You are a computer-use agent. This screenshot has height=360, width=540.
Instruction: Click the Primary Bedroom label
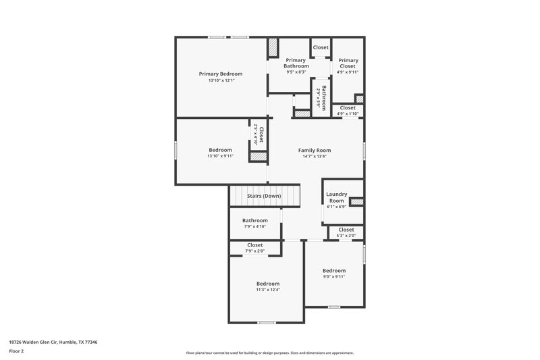tap(221, 74)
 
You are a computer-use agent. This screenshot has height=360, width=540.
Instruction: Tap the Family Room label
tap(315, 150)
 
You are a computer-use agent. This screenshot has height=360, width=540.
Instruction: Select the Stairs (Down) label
tap(263, 196)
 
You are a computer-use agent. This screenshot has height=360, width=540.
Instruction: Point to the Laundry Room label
tap(336, 197)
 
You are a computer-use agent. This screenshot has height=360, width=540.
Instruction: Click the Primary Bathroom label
tap(296, 63)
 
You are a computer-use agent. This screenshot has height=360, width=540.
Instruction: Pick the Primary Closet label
tap(348, 63)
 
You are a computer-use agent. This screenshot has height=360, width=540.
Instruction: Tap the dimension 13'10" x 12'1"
tap(221, 81)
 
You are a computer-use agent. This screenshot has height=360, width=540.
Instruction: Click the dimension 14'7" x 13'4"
tap(315, 157)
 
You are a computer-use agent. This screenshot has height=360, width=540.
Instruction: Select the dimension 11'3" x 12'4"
tap(268, 290)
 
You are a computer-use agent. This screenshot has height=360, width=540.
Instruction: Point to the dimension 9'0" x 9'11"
tap(334, 276)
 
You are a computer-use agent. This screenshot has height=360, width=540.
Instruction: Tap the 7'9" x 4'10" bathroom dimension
tap(255, 226)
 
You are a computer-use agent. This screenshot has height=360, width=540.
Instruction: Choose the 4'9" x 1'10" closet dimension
tap(348, 113)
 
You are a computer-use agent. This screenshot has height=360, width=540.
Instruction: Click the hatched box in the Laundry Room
tap(356, 201)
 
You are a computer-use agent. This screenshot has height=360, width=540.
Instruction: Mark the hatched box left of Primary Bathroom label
tap(273, 48)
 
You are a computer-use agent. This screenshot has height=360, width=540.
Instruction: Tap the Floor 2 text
tap(17, 351)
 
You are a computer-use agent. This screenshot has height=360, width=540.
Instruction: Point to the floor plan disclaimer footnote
tap(269, 353)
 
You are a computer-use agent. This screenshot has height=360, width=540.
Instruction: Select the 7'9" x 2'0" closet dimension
tap(255, 251)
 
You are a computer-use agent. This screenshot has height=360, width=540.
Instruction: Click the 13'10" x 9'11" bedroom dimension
tap(221, 157)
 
